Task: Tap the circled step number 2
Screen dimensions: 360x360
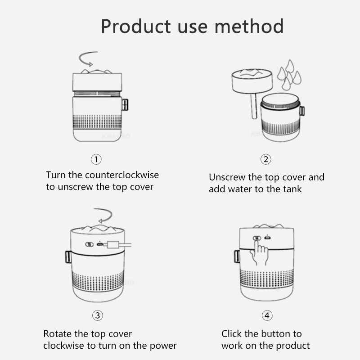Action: click(266, 159)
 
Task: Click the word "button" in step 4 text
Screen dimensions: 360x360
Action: click(274, 334)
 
